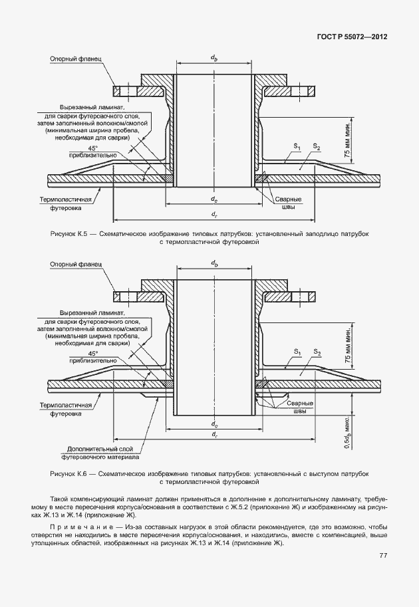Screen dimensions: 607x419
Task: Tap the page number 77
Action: tap(384, 556)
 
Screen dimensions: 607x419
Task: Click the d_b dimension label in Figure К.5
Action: tap(214, 59)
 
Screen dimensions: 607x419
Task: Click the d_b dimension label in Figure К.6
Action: tap(214, 264)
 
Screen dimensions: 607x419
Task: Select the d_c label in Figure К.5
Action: tap(214, 199)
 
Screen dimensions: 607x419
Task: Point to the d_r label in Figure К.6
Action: tap(214, 434)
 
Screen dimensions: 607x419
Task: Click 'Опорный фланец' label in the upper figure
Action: tap(74, 59)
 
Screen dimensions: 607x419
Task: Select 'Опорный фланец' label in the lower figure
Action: tap(74, 264)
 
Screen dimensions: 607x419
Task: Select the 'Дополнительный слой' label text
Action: tap(100, 449)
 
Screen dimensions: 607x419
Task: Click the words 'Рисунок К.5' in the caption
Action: tap(69, 235)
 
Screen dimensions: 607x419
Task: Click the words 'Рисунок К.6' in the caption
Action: tap(69, 473)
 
